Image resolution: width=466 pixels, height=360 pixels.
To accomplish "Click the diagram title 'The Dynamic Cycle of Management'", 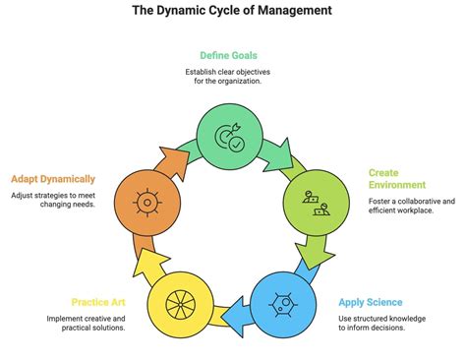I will pos(232,11).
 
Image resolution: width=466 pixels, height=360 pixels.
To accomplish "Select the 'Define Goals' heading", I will pos(232,56).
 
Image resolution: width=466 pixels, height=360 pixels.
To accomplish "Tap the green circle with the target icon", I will pos(232,137).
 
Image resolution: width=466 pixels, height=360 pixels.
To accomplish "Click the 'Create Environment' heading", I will pos(397,178).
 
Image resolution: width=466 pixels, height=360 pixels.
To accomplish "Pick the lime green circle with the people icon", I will pos(317,202).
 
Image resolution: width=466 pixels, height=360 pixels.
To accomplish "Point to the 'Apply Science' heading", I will pos(371,302).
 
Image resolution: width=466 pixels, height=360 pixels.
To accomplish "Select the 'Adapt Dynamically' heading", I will pos(53,179).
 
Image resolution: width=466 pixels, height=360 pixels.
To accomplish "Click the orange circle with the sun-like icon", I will pos(146,203).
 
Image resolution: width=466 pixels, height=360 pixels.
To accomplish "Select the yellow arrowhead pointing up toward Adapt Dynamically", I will pos(151,262).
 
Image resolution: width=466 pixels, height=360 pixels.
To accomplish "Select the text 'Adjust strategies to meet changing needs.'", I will pos(54,202).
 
